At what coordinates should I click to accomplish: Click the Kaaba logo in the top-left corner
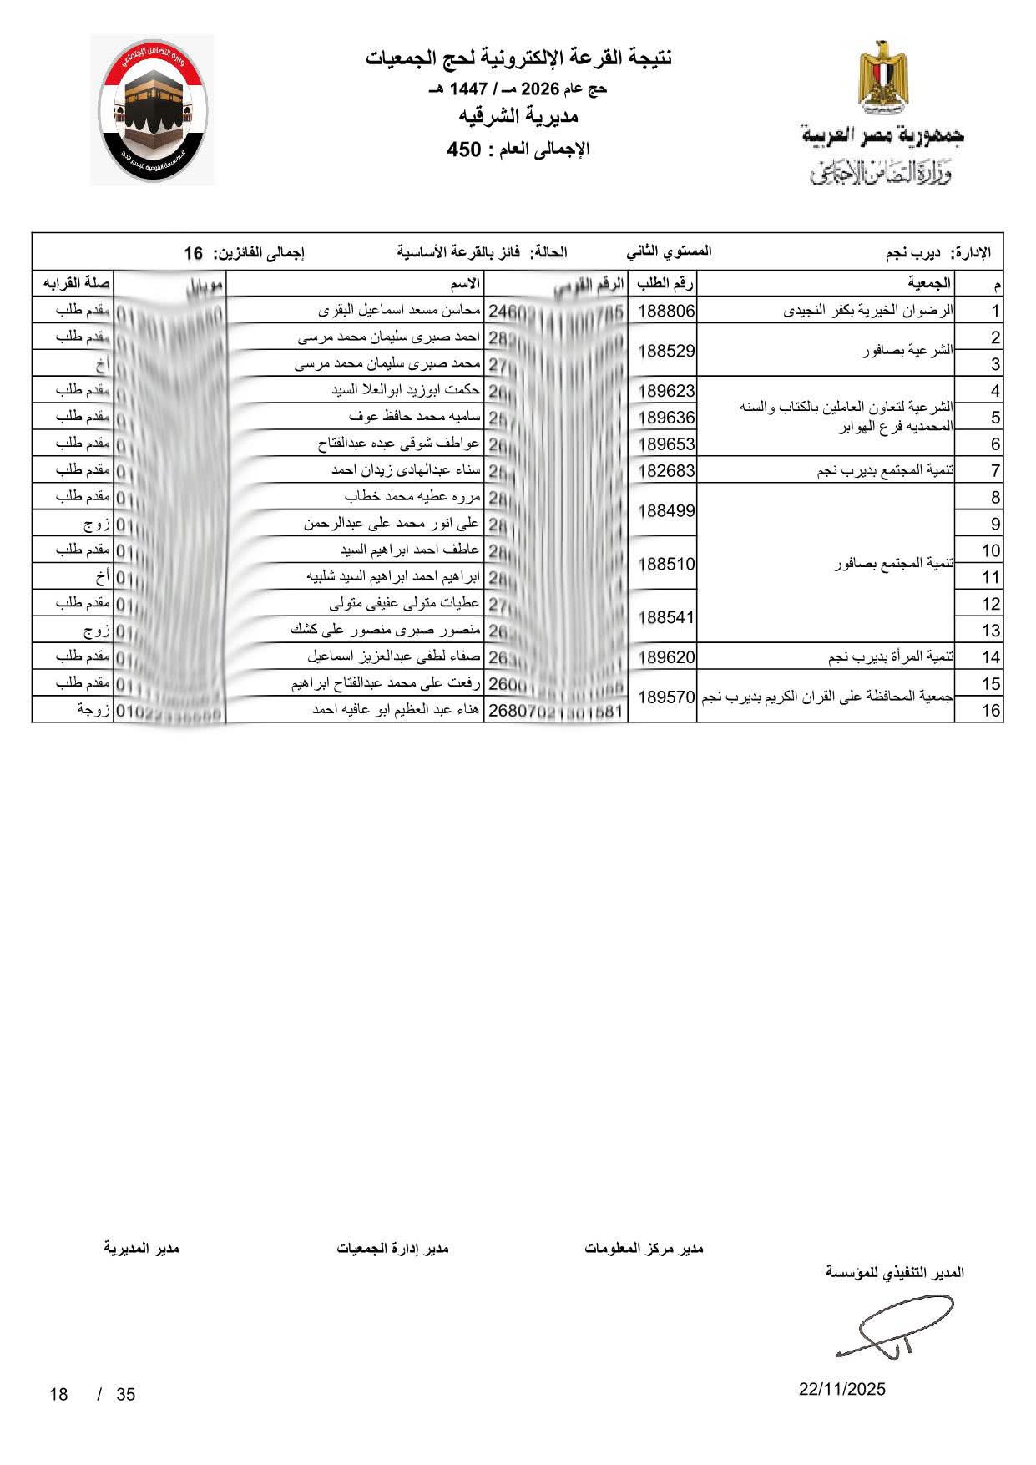152,110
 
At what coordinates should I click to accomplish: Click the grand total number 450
464,150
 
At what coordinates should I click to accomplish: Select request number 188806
666,312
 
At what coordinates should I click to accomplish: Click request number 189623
666,391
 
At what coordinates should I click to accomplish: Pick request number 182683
666,471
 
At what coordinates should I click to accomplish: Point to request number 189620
666,657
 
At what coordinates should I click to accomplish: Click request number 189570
666,697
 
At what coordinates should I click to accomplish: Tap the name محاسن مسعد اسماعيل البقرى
400,311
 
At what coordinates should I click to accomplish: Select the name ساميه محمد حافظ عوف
414,417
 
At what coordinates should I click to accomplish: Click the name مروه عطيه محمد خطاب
412,497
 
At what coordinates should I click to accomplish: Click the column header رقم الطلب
665,284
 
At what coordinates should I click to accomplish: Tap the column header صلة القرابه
73,284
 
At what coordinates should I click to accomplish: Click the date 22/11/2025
841,1390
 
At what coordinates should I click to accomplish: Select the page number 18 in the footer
58,1394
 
